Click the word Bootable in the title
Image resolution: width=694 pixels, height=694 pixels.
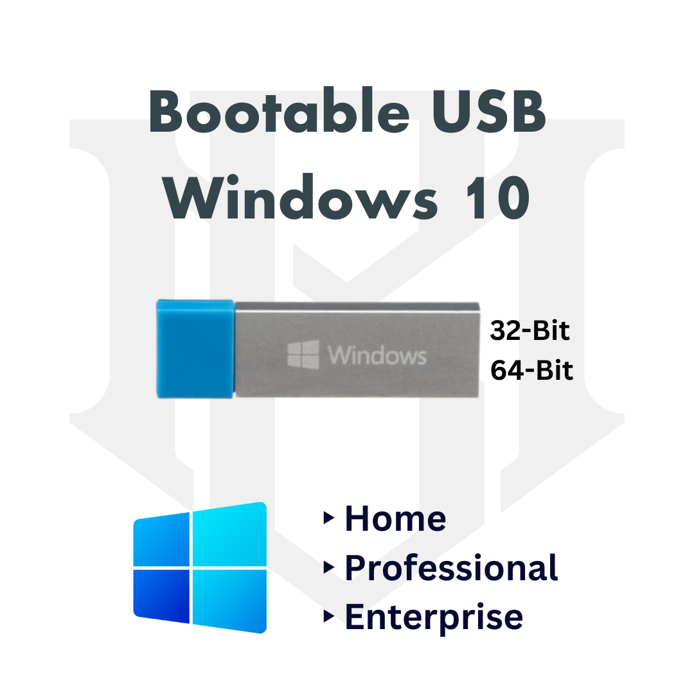point(280,111)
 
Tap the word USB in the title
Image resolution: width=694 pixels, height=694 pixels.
point(490,111)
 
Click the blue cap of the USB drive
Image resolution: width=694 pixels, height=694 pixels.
point(195,349)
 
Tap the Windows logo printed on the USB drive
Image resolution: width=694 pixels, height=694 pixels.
point(303,355)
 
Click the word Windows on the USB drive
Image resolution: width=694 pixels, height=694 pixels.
point(377,355)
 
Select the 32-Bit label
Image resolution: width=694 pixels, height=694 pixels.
point(529,330)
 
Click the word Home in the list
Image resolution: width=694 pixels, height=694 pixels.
point(395,519)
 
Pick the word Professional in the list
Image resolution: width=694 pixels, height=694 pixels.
point(451,568)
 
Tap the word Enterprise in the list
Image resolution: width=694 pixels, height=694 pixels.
point(434,617)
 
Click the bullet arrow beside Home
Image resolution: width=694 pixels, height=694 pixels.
point(328,517)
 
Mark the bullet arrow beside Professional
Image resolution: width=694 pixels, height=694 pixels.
point(328,567)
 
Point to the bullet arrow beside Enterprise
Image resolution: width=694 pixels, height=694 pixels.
point(328,616)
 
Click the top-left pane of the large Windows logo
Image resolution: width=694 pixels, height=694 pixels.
point(161,540)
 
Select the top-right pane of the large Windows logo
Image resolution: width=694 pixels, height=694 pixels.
point(229,534)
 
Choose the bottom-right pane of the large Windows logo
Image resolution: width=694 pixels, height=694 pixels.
point(229,601)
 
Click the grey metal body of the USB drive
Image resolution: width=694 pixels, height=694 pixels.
point(357,350)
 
